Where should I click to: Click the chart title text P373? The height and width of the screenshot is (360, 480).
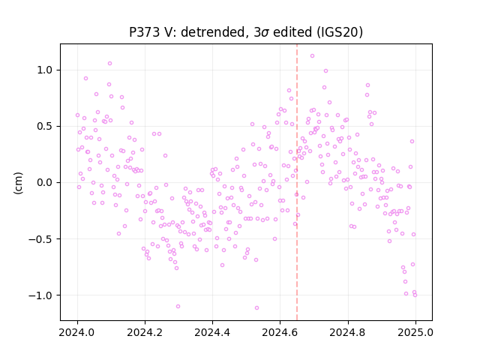pyautogui.click(x=144, y=32)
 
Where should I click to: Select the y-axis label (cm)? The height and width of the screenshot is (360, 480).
pyautogui.click(x=18, y=183)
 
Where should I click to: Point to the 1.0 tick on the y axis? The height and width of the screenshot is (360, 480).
pyautogui.click(x=45, y=70)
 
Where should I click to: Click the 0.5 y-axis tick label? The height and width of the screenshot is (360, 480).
pyautogui.click(x=45, y=127)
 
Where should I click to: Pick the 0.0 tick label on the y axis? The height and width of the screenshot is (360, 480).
pyautogui.click(x=45, y=183)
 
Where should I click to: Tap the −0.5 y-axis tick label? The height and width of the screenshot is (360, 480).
pyautogui.click(x=40, y=239)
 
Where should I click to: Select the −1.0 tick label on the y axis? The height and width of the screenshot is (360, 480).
pyautogui.click(x=40, y=295)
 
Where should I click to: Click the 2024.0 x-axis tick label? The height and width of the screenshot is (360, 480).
pyautogui.click(x=77, y=332)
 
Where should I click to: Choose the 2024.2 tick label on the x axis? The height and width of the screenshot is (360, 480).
pyautogui.click(x=145, y=332)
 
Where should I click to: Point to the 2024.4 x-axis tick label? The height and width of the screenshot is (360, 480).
pyautogui.click(x=212, y=332)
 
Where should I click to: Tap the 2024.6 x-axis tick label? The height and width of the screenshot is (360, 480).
pyautogui.click(x=280, y=332)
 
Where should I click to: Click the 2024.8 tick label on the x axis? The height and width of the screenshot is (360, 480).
pyautogui.click(x=348, y=332)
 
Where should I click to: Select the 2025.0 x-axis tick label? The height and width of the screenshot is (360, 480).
pyautogui.click(x=415, y=332)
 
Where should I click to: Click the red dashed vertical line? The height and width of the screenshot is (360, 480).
pyautogui.click(x=297, y=182)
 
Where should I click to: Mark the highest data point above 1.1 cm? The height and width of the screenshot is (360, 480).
pyautogui.click(x=312, y=56)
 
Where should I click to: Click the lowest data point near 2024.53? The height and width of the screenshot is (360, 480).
pyautogui.click(x=256, y=308)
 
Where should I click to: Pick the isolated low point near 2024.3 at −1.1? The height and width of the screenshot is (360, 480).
pyautogui.click(x=178, y=307)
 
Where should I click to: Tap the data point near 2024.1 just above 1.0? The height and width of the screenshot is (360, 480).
pyautogui.click(x=110, y=64)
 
